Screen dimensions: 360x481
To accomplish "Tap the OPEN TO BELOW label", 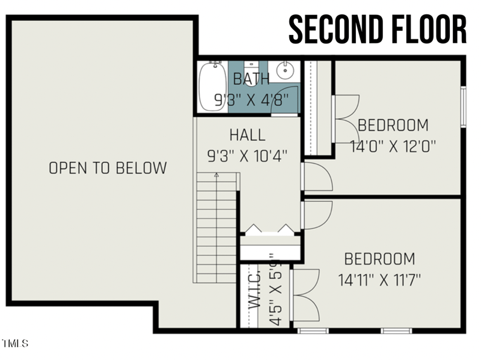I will tap(108, 168).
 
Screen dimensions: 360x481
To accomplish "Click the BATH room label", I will tap(252, 79).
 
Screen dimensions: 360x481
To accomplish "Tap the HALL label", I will tap(247, 135).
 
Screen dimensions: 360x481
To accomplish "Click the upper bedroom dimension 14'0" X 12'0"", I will tap(393, 145).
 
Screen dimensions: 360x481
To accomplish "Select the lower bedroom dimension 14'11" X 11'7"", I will tap(379, 279).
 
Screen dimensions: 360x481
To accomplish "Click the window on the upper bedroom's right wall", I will tap(463, 107).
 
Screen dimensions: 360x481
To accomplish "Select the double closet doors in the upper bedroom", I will tap(346, 118).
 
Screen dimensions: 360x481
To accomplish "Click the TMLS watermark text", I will tap(15, 344).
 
